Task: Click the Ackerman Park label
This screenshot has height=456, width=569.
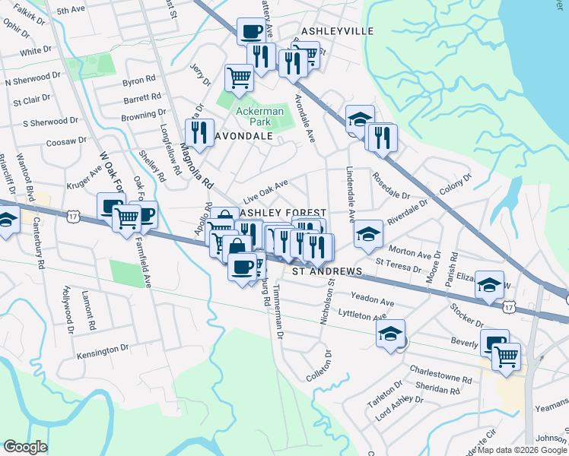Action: tap(259, 116)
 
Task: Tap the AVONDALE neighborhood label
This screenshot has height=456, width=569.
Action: tap(245, 136)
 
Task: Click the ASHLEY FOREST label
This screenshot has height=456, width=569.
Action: tap(284, 213)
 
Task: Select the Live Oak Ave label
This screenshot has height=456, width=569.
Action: tap(265, 190)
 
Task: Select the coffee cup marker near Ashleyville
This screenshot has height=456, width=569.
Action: tap(252, 31)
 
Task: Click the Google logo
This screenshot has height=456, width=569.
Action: tap(25, 447)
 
